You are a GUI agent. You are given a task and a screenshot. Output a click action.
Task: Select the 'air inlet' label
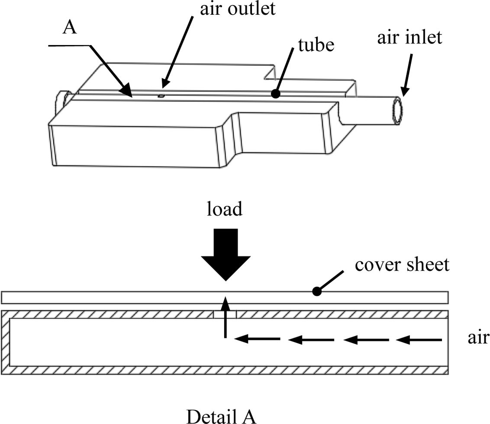click(409, 38)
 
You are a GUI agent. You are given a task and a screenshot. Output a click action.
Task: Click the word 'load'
click(225, 209)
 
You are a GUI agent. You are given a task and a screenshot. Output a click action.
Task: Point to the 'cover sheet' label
click(402, 264)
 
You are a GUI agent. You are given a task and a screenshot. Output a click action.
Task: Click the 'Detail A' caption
click(222, 416)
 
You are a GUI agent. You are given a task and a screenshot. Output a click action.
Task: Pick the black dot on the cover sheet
click(317, 292)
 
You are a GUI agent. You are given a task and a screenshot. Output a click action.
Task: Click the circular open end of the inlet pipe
click(398, 111)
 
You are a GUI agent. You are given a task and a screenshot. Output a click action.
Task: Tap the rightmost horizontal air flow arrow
click(419, 340)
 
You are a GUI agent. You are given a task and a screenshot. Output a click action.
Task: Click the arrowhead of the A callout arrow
click(126, 90)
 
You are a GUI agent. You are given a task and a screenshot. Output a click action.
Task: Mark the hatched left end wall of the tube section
click(6, 342)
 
